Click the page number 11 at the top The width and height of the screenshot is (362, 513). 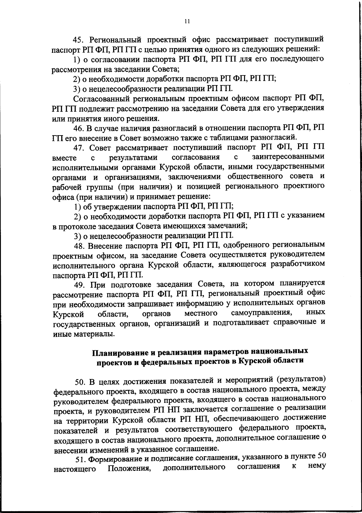[187, 21]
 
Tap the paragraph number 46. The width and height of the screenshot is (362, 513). [79, 129]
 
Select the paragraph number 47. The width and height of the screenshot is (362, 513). [80, 148]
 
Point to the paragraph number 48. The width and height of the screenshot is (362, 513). [80, 246]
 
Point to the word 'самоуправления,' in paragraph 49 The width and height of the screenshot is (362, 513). [261, 313]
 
